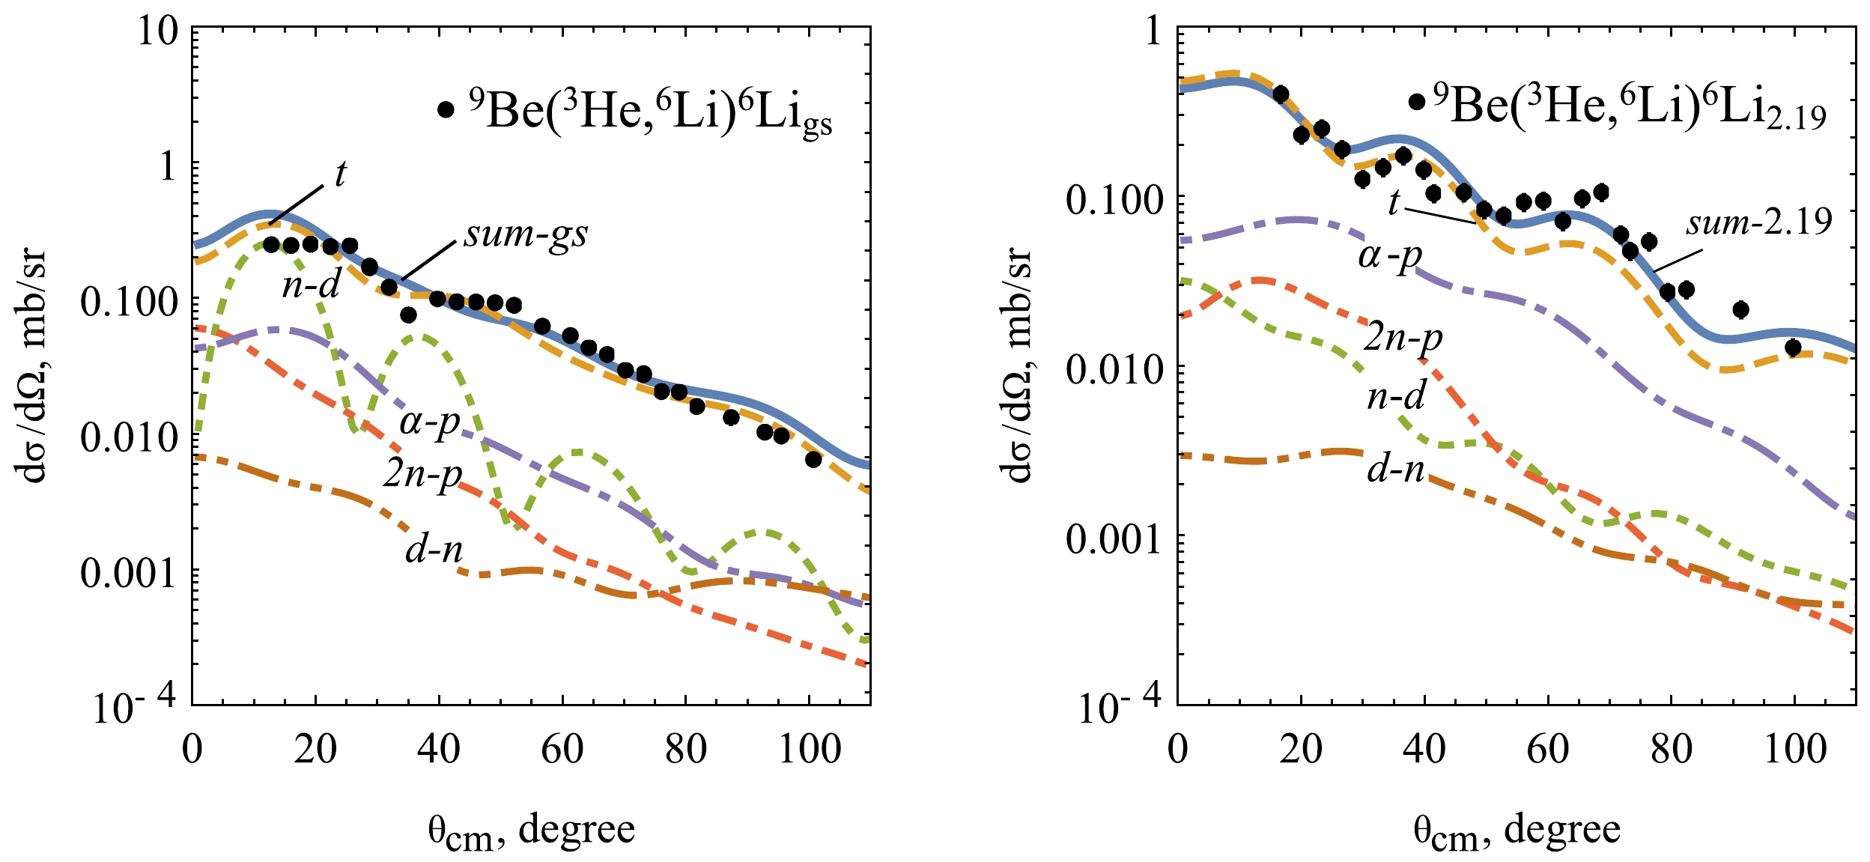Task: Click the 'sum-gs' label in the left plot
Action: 526,235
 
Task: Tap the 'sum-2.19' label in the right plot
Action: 1758,222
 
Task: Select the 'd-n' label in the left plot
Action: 434,550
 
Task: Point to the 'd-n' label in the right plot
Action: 1395,470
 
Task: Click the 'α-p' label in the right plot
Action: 1390,257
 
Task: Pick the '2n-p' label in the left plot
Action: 422,473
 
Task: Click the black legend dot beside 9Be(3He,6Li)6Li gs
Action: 446,110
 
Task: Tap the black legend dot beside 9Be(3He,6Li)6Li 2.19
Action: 1416,102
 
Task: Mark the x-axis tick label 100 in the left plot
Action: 810,749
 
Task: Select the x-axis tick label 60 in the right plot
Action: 1548,749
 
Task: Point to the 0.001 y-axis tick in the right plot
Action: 1111,538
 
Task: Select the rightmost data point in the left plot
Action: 813,460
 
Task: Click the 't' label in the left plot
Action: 341,174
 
